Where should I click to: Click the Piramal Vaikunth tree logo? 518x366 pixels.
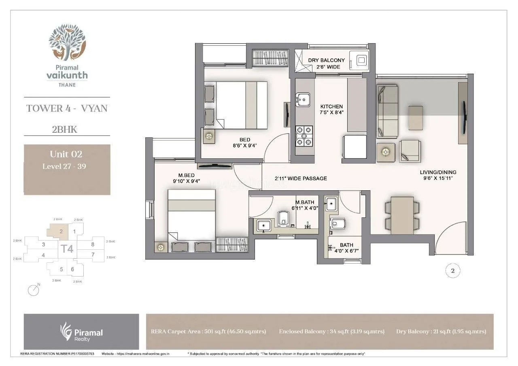click(x=67, y=42)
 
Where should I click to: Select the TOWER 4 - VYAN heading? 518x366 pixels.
click(x=67, y=109)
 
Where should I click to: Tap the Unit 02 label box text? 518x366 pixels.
click(x=66, y=154)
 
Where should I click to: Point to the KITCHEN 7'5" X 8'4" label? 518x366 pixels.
click(x=331, y=110)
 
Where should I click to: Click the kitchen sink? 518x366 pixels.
click(x=302, y=99)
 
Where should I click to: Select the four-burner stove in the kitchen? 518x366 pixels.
click(x=304, y=136)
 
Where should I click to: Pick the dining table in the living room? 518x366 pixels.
click(x=402, y=215)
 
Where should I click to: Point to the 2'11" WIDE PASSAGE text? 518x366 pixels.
click(x=301, y=179)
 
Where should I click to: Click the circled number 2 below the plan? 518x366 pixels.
click(x=453, y=272)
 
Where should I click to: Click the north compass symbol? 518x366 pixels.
click(x=34, y=290)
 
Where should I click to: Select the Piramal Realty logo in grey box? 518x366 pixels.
click(x=81, y=332)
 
